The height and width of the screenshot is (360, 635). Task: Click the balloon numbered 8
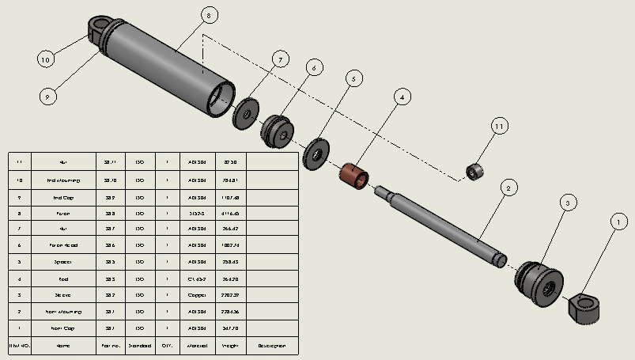click(x=208, y=15)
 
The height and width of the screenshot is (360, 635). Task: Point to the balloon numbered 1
click(x=616, y=224)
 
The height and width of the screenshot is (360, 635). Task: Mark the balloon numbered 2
click(x=510, y=188)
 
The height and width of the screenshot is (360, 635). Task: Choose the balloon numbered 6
click(x=313, y=68)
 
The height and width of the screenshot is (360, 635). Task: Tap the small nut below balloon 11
click(x=474, y=171)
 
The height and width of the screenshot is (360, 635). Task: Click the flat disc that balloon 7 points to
click(x=246, y=114)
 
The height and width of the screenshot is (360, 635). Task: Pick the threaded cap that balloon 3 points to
click(x=542, y=279)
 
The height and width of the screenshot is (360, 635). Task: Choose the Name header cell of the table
click(x=63, y=346)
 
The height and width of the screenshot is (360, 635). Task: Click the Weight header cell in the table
click(x=230, y=346)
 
